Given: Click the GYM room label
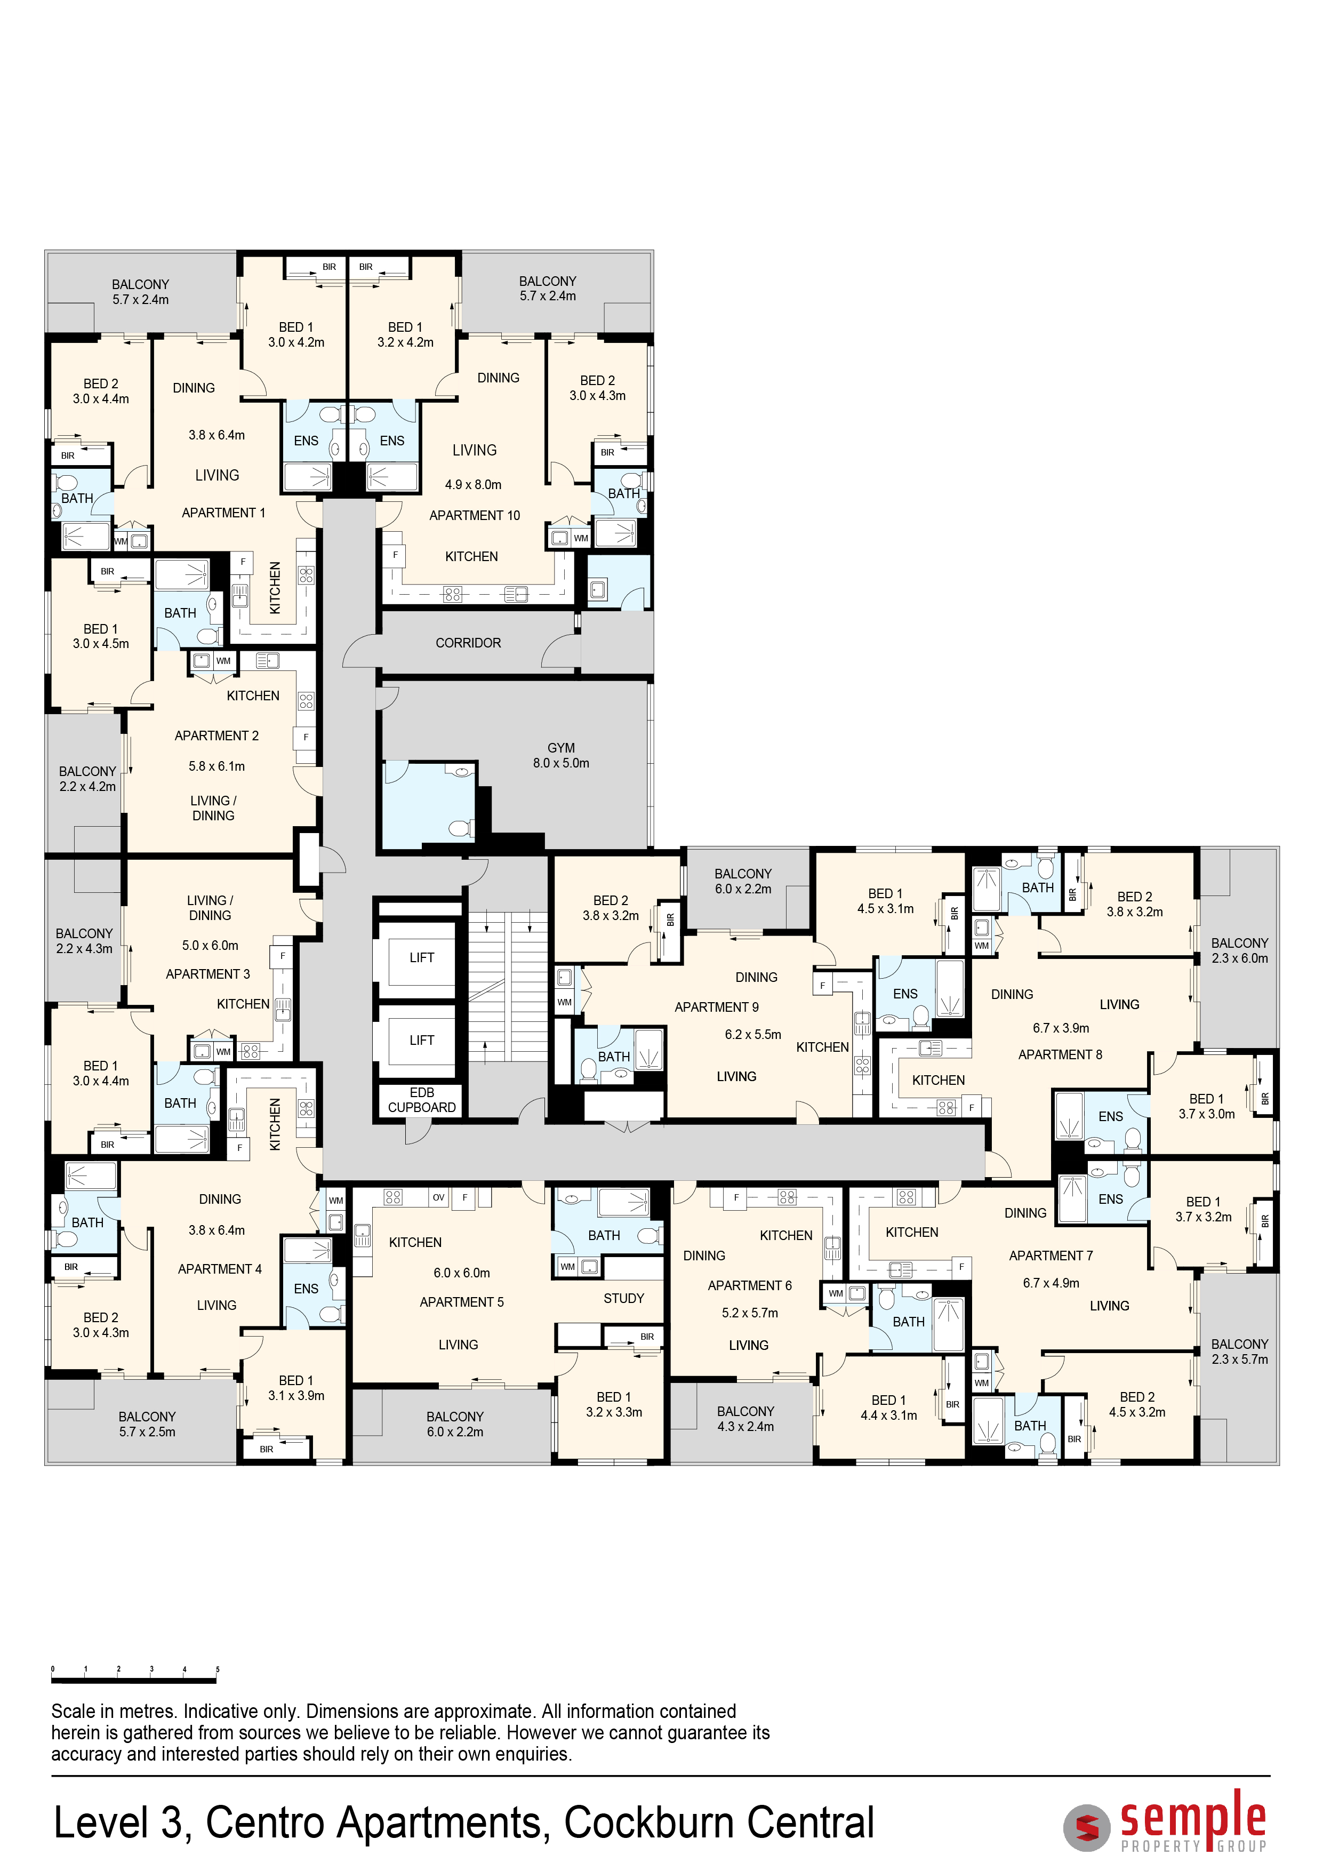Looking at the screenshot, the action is coord(562,747).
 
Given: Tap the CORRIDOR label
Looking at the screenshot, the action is coord(468,643).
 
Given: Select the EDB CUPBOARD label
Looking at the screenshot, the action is coord(422,1099).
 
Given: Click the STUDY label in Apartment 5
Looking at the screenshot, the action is coord(624,1298).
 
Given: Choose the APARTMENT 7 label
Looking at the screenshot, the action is coord(1051,1255).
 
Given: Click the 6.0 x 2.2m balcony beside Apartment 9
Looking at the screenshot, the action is coord(743,881).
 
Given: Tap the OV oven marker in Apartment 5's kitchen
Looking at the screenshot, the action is coord(439,1197).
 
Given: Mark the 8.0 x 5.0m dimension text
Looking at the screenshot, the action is coord(562,763).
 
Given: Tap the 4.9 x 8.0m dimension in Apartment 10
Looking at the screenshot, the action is coord(474,485).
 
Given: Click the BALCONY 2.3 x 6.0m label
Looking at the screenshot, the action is coord(1239,950).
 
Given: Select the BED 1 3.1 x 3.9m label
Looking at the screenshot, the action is coord(296,1388).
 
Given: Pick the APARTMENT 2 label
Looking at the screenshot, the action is coord(217,735).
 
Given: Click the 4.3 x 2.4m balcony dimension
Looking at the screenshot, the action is coord(745,1426).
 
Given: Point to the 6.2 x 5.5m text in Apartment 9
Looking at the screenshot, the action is coord(753,1034).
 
